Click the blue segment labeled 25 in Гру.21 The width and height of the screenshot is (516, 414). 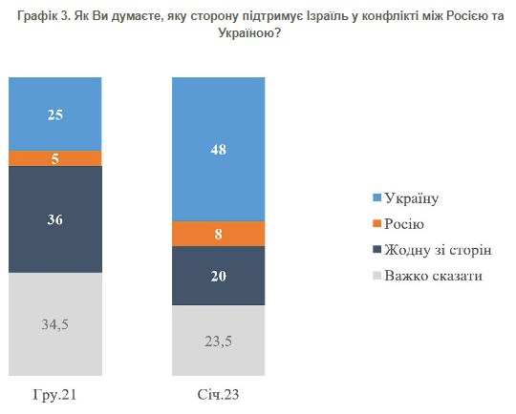click(x=54, y=114)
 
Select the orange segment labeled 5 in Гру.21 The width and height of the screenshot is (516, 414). click(x=54, y=158)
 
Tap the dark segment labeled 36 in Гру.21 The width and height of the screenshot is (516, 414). click(x=54, y=219)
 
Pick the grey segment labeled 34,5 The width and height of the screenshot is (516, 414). click(x=54, y=323)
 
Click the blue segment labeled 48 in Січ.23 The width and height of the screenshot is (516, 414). click(x=217, y=149)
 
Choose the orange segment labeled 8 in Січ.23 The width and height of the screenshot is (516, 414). click(x=217, y=234)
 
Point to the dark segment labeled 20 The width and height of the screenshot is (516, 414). click(x=217, y=276)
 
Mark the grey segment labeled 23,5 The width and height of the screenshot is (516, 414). click(x=217, y=340)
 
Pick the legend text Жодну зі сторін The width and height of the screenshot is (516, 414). click(x=437, y=249)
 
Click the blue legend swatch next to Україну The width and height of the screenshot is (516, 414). click(x=376, y=197)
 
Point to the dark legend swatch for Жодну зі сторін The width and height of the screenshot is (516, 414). click(x=376, y=249)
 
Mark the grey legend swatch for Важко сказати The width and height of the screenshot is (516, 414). click(x=376, y=275)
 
